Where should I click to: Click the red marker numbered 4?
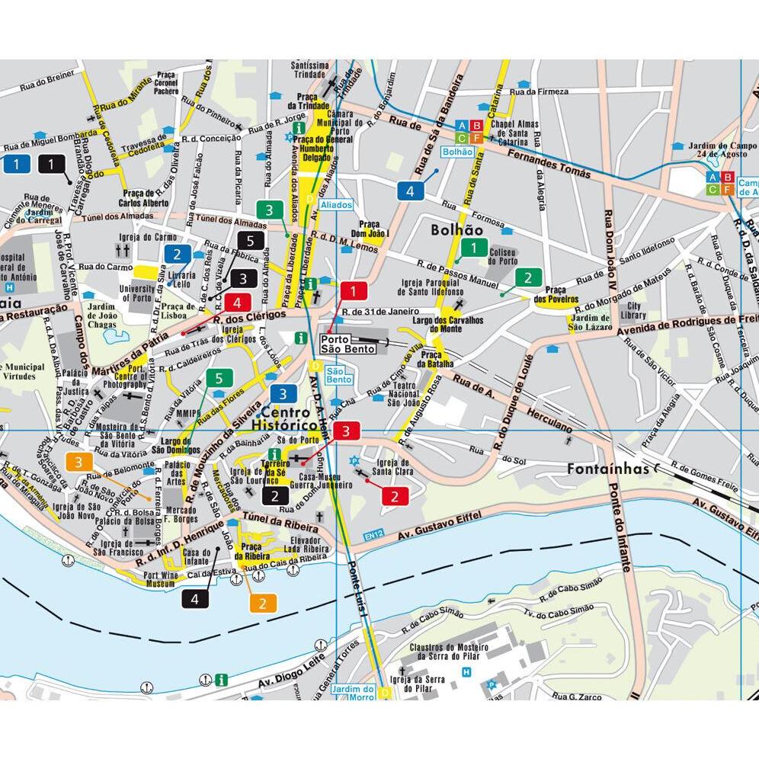238,301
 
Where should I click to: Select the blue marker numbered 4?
410,191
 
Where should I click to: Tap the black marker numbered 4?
195,599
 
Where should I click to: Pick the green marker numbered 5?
219,378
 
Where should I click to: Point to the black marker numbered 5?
255,241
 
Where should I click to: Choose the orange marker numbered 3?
78,462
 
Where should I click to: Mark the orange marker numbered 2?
263,604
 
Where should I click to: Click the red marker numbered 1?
354,290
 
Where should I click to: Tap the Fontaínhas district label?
607,469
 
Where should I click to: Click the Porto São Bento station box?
348,344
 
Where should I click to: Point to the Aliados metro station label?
336,206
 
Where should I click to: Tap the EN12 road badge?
373,534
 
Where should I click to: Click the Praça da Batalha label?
431,360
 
